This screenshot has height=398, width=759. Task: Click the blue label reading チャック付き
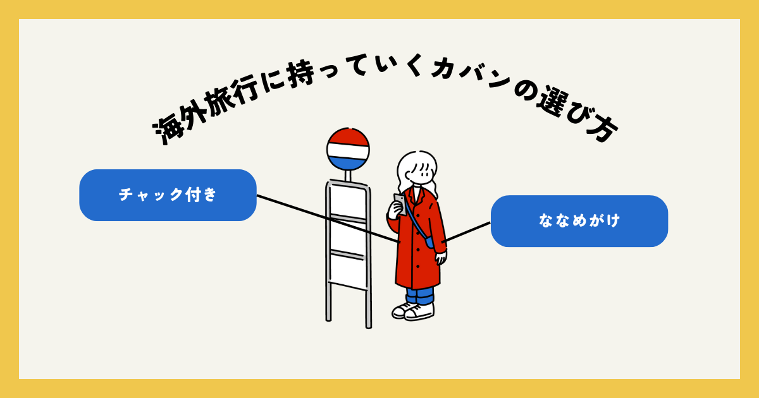click(168, 195)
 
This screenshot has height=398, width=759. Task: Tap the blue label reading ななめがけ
click(579, 221)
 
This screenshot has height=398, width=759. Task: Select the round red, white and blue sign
click(348, 149)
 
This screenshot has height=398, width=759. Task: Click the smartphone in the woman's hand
click(400, 203)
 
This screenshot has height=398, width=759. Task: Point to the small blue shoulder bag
click(430, 242)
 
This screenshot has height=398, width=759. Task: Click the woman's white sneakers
click(413, 310)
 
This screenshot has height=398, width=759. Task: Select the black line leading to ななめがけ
click(468, 231)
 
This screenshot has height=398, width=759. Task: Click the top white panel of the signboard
click(347, 201)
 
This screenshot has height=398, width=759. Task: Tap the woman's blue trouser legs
click(420, 295)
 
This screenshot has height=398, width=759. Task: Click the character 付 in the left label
click(193, 195)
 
